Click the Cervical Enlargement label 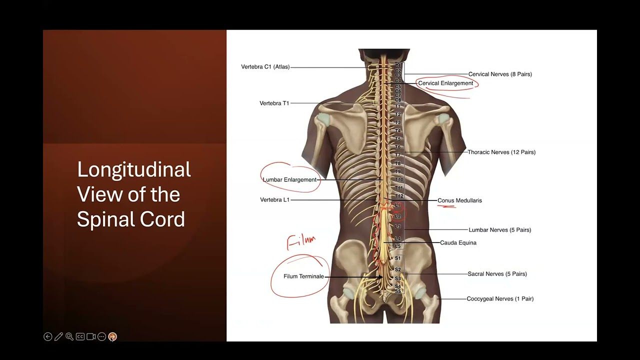tap(445, 83)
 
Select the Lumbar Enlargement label tap(289, 179)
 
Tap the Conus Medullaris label tap(459, 200)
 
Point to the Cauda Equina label tap(458, 242)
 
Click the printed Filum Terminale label tap(303, 276)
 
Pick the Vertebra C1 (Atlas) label tap(265, 66)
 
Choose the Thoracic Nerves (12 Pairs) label tap(501, 152)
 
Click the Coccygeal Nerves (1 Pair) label tap(500, 298)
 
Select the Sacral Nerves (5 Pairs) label tap(497, 274)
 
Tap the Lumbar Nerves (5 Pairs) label tap(499, 230)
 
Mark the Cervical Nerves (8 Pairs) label tap(500, 74)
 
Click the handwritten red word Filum tap(301, 242)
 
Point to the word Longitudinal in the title tap(134, 170)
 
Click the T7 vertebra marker tap(398, 155)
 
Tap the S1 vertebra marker tap(398, 258)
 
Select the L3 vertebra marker tap(398, 226)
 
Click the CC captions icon tap(80, 336)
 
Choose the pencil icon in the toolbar tap(58, 336)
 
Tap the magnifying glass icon tap(69, 336)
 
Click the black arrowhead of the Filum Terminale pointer tap(380, 276)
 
